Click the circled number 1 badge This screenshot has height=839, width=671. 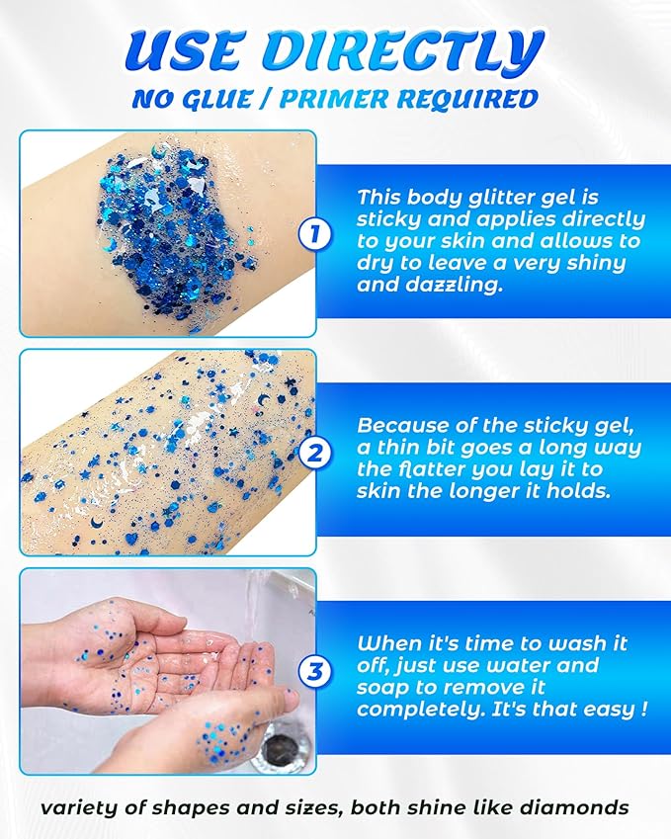pos(314,235)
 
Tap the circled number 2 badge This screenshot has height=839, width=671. pos(314,454)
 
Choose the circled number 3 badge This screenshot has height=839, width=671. pos(314,673)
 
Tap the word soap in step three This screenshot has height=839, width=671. pos(379,687)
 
